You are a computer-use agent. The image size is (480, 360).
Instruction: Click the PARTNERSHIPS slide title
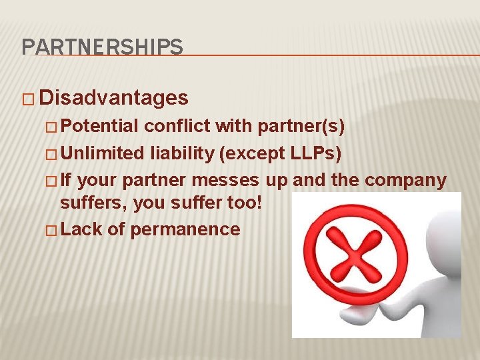pos(102,47)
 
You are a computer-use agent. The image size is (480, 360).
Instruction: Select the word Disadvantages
pos(114,99)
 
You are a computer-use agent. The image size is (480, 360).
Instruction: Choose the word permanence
pos(185,229)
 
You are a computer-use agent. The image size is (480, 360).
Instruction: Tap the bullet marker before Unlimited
pos(53,155)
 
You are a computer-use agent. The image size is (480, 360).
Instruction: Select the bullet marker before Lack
pos(53,230)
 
